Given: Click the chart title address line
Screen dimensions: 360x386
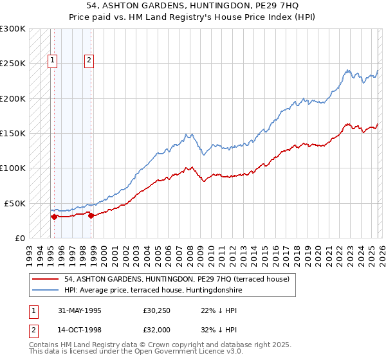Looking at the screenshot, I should coord(193,6).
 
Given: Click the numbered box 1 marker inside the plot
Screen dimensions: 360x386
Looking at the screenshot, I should coord(52,61).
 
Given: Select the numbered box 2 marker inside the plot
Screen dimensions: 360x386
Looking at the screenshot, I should coord(89,61).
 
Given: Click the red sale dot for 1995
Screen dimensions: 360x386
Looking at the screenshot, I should coord(55,217).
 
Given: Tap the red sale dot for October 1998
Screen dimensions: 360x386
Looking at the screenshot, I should coord(91,215).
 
